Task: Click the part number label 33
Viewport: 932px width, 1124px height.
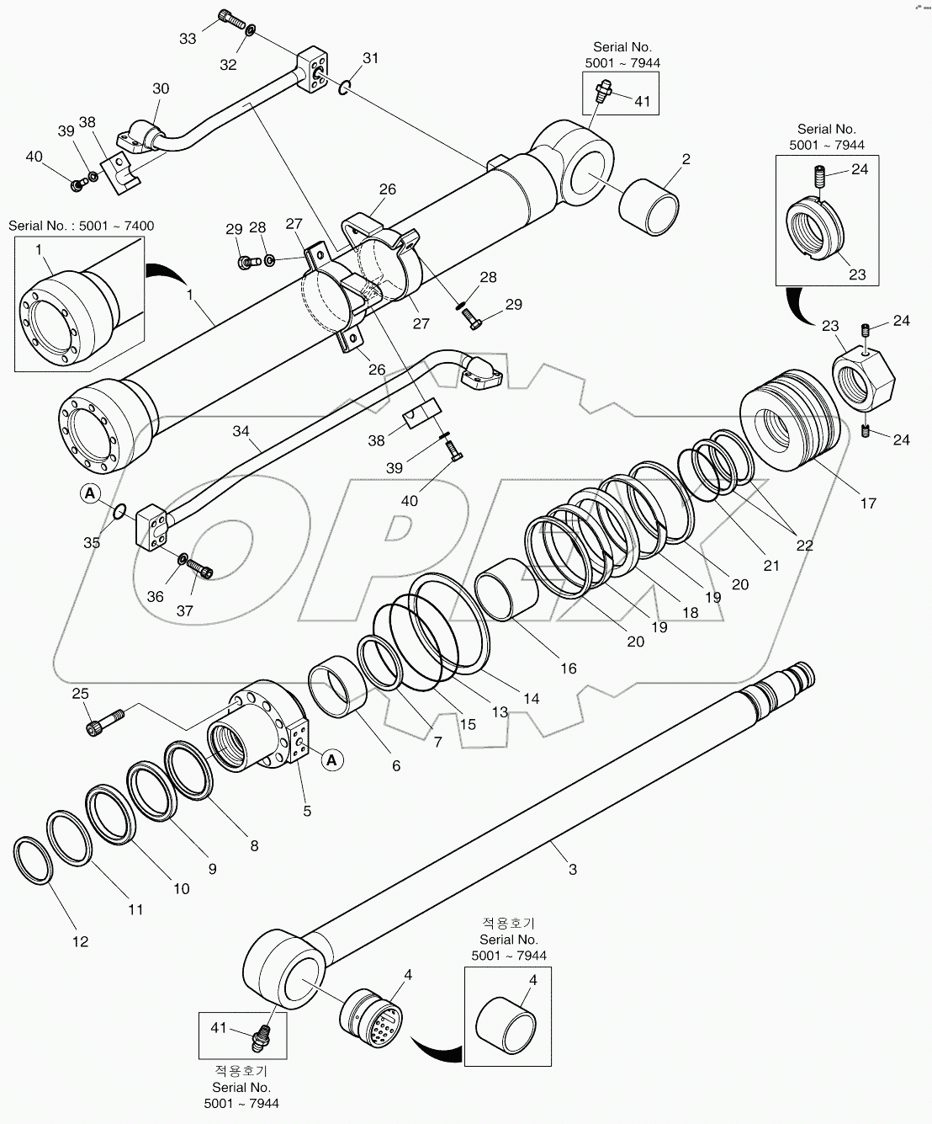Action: (188, 39)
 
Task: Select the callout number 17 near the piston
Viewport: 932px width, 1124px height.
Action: (868, 503)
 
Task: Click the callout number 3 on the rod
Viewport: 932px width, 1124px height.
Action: (573, 870)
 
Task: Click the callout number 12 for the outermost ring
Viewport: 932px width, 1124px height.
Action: (80, 941)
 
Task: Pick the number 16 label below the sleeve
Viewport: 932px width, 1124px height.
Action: (569, 668)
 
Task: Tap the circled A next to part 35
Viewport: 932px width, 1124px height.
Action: (91, 493)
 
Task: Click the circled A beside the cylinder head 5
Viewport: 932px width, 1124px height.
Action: (332, 760)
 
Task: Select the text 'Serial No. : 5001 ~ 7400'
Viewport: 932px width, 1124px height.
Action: (81, 226)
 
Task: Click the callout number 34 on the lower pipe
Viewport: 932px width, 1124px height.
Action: (241, 432)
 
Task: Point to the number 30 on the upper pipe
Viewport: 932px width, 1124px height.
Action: (160, 88)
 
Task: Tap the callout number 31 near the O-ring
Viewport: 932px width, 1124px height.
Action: (371, 58)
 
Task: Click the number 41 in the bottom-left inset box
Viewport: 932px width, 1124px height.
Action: (219, 1027)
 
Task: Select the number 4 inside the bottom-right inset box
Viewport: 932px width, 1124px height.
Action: (533, 980)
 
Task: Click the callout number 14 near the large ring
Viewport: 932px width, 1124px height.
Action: (531, 698)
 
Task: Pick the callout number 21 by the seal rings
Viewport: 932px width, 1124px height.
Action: (771, 565)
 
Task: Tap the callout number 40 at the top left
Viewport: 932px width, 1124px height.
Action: (34, 156)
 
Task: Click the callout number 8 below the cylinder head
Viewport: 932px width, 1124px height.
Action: (254, 846)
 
